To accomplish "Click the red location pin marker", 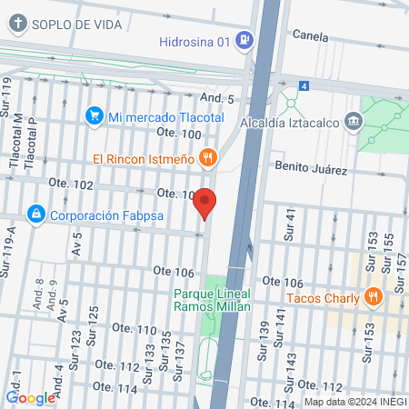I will (205, 204).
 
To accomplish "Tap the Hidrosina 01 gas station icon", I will (243, 39).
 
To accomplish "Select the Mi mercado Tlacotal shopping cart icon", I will (94, 115).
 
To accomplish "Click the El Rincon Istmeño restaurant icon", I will (208, 158).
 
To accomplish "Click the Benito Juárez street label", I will (312, 169).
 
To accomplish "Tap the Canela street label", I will (310, 35).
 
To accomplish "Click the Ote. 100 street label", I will (178, 134).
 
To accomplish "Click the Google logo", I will (30, 397).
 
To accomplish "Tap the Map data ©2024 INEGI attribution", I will (354, 402).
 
